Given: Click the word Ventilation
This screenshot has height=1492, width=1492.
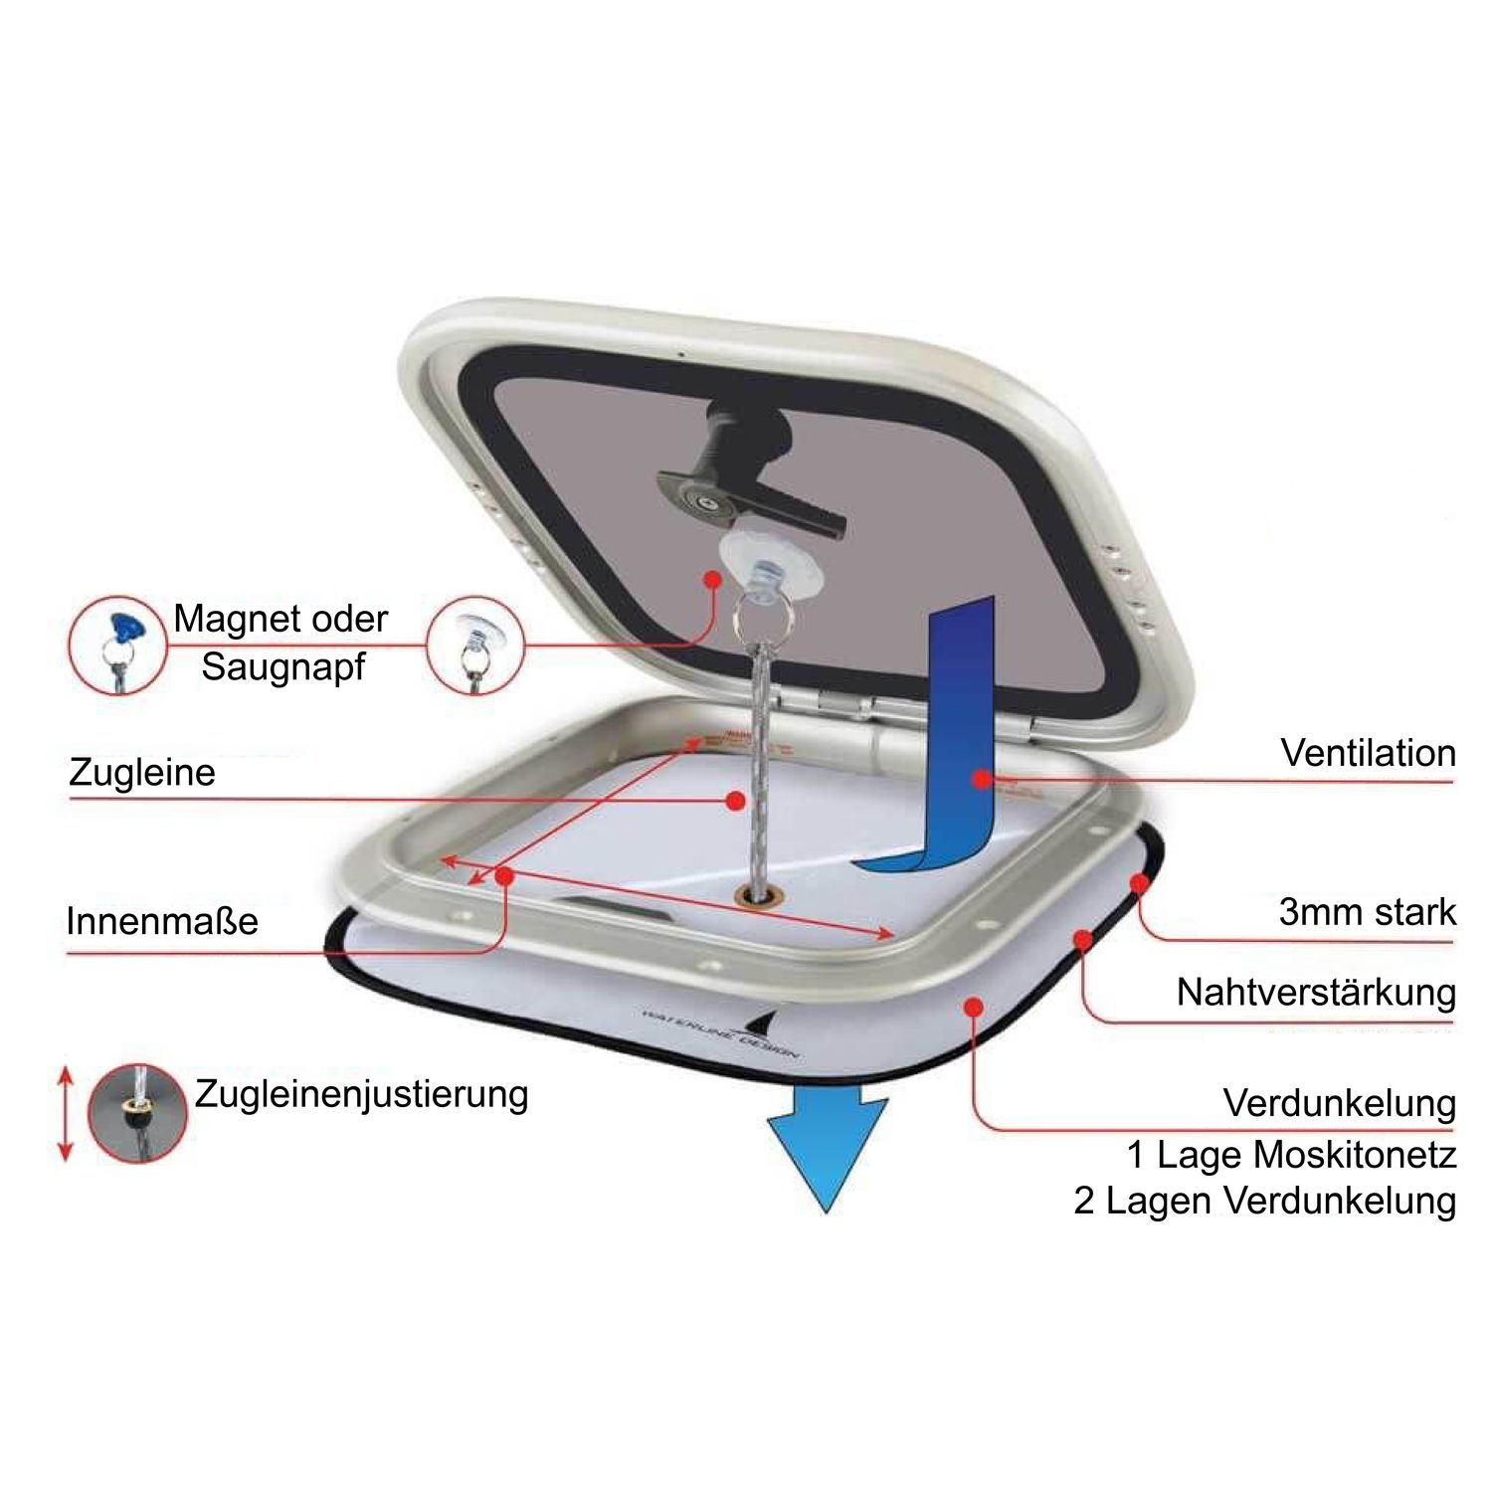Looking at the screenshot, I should [1368, 753].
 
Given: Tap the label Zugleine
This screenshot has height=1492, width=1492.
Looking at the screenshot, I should [142, 773].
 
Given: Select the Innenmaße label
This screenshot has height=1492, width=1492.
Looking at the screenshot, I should [162, 921].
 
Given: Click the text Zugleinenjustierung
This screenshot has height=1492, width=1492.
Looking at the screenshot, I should [361, 1093].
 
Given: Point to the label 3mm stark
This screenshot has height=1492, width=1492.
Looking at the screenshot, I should [1367, 911].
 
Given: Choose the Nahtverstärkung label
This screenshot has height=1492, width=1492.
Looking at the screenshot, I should [1315, 992].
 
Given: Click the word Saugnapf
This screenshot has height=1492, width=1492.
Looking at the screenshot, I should [283, 666].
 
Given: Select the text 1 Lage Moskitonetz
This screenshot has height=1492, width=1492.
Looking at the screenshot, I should [1291, 1155].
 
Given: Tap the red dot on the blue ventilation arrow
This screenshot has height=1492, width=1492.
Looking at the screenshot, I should [982, 780].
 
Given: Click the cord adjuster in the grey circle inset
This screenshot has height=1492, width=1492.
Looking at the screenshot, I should [137, 1113].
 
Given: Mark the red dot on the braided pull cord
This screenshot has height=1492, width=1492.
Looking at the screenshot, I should [736, 800].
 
